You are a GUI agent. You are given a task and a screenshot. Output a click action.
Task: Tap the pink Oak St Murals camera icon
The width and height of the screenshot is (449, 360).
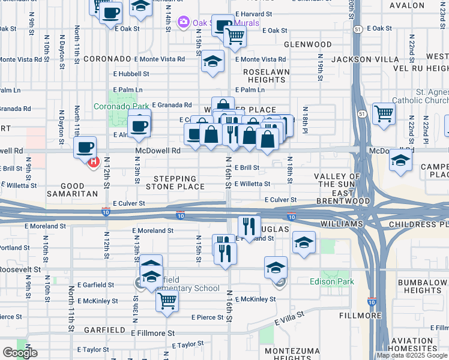coord(183,23)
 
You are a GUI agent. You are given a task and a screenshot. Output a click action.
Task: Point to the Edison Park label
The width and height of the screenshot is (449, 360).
coord(332,281)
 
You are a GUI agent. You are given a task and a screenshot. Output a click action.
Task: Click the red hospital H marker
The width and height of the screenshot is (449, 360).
coord(93,161)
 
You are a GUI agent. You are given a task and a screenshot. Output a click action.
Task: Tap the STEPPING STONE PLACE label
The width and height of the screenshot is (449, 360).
coord(175,183)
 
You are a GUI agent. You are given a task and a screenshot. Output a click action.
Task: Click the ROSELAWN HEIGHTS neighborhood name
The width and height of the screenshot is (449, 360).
coord(268,75)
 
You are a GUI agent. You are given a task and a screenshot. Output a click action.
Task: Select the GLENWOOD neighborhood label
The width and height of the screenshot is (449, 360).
coord(307,44)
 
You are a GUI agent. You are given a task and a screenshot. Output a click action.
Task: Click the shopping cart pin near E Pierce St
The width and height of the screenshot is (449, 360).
coord(167,301)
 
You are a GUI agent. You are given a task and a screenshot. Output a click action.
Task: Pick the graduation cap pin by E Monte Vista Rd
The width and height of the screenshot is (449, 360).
coord(212,62)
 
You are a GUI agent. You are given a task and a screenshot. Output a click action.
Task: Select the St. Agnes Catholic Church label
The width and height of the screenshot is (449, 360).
coord(420,96)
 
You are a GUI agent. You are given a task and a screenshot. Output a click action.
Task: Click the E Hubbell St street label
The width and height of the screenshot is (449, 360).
coord(131,74)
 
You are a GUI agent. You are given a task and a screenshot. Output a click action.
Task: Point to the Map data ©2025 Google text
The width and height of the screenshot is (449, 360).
coord(411,355)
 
